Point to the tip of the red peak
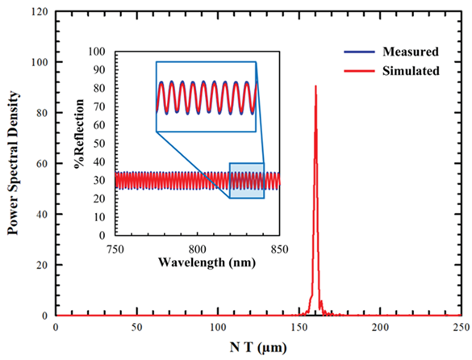[x=315, y=86]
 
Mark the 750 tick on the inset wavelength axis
[x=115, y=247]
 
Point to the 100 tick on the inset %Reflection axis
[x=98, y=50]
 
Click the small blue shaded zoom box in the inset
[x=246, y=180]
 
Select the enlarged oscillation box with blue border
[x=206, y=96]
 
